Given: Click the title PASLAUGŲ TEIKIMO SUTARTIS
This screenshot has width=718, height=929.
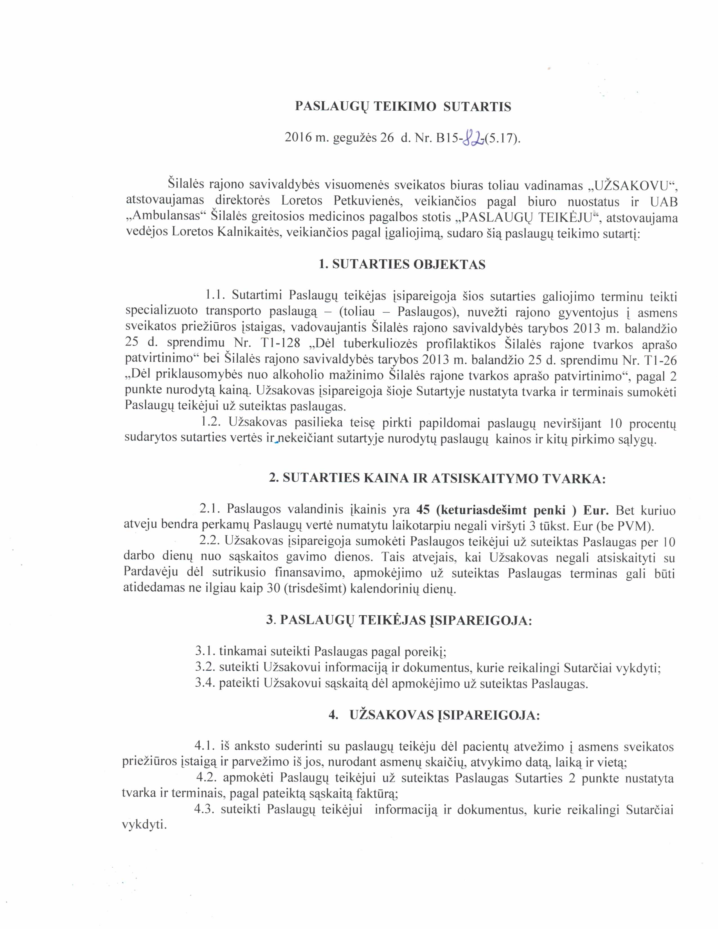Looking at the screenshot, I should click(403, 106).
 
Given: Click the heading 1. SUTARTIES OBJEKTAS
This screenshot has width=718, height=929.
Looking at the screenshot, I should click(402, 265).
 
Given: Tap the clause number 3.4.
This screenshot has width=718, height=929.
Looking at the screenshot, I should click(204, 684).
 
